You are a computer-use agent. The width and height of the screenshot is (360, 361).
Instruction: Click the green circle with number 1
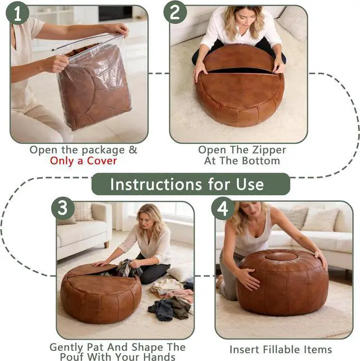coord(17,13)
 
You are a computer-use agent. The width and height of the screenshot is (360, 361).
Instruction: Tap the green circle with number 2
coord(175,12)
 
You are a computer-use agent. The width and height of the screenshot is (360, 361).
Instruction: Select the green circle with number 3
coord(62,208)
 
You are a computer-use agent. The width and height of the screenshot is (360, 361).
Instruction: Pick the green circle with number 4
coord(223,209)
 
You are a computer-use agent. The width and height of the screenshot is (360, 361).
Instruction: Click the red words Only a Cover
coord(83,161)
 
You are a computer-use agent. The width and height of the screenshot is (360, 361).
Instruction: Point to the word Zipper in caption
coord(269,150)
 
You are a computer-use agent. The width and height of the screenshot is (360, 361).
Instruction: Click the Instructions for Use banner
coord(191,184)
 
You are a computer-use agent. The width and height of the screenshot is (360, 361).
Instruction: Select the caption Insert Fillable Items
coord(281,350)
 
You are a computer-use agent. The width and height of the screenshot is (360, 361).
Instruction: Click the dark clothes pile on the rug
coord(170,308)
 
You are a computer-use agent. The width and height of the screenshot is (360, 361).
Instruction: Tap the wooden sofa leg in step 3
coord(106,244)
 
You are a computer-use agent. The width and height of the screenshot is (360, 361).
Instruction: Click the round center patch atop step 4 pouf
coord(278,256)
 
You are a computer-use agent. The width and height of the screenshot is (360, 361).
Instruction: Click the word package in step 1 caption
coord(103,151)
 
